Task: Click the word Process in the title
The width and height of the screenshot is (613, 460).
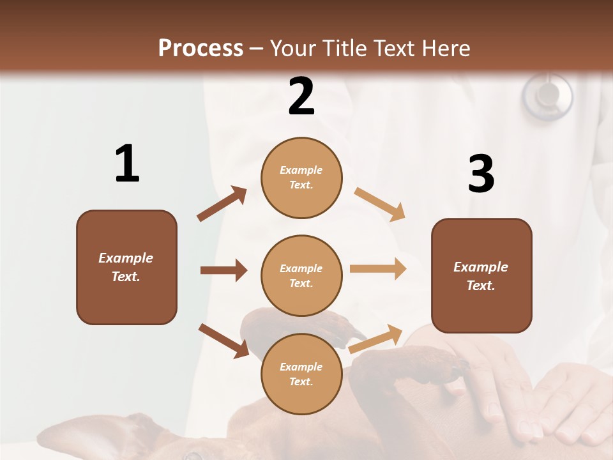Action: (201, 48)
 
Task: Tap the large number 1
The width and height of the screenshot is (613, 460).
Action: (127, 164)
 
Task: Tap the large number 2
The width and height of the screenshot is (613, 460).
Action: (301, 96)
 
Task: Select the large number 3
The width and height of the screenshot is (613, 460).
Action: (481, 174)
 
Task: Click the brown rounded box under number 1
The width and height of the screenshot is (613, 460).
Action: (126, 267)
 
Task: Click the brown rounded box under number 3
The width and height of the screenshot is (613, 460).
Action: (481, 275)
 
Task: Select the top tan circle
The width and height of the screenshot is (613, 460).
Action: (301, 178)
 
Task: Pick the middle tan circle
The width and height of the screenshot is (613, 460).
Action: (301, 275)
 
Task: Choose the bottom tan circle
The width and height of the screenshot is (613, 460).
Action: (301, 374)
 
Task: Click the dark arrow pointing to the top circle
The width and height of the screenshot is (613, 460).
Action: (222, 204)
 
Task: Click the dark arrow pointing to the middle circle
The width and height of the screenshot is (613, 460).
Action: (223, 270)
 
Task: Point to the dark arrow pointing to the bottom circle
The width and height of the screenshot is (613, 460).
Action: (223, 340)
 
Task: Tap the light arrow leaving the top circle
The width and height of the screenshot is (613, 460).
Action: (380, 204)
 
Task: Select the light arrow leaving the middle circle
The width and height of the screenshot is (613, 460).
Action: (378, 269)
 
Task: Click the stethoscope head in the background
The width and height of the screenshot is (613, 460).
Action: (547, 96)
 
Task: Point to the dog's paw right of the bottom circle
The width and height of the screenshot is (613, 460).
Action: (409, 367)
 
